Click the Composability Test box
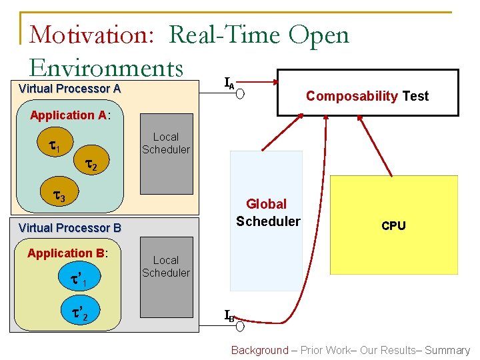368,93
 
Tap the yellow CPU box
393,225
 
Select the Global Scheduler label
267,212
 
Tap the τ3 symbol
59,196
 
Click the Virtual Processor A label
69,89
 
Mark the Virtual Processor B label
69,228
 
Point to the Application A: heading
69,115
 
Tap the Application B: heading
67,253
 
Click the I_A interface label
229,83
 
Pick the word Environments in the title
106,67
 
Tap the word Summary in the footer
447,350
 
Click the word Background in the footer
260,350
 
